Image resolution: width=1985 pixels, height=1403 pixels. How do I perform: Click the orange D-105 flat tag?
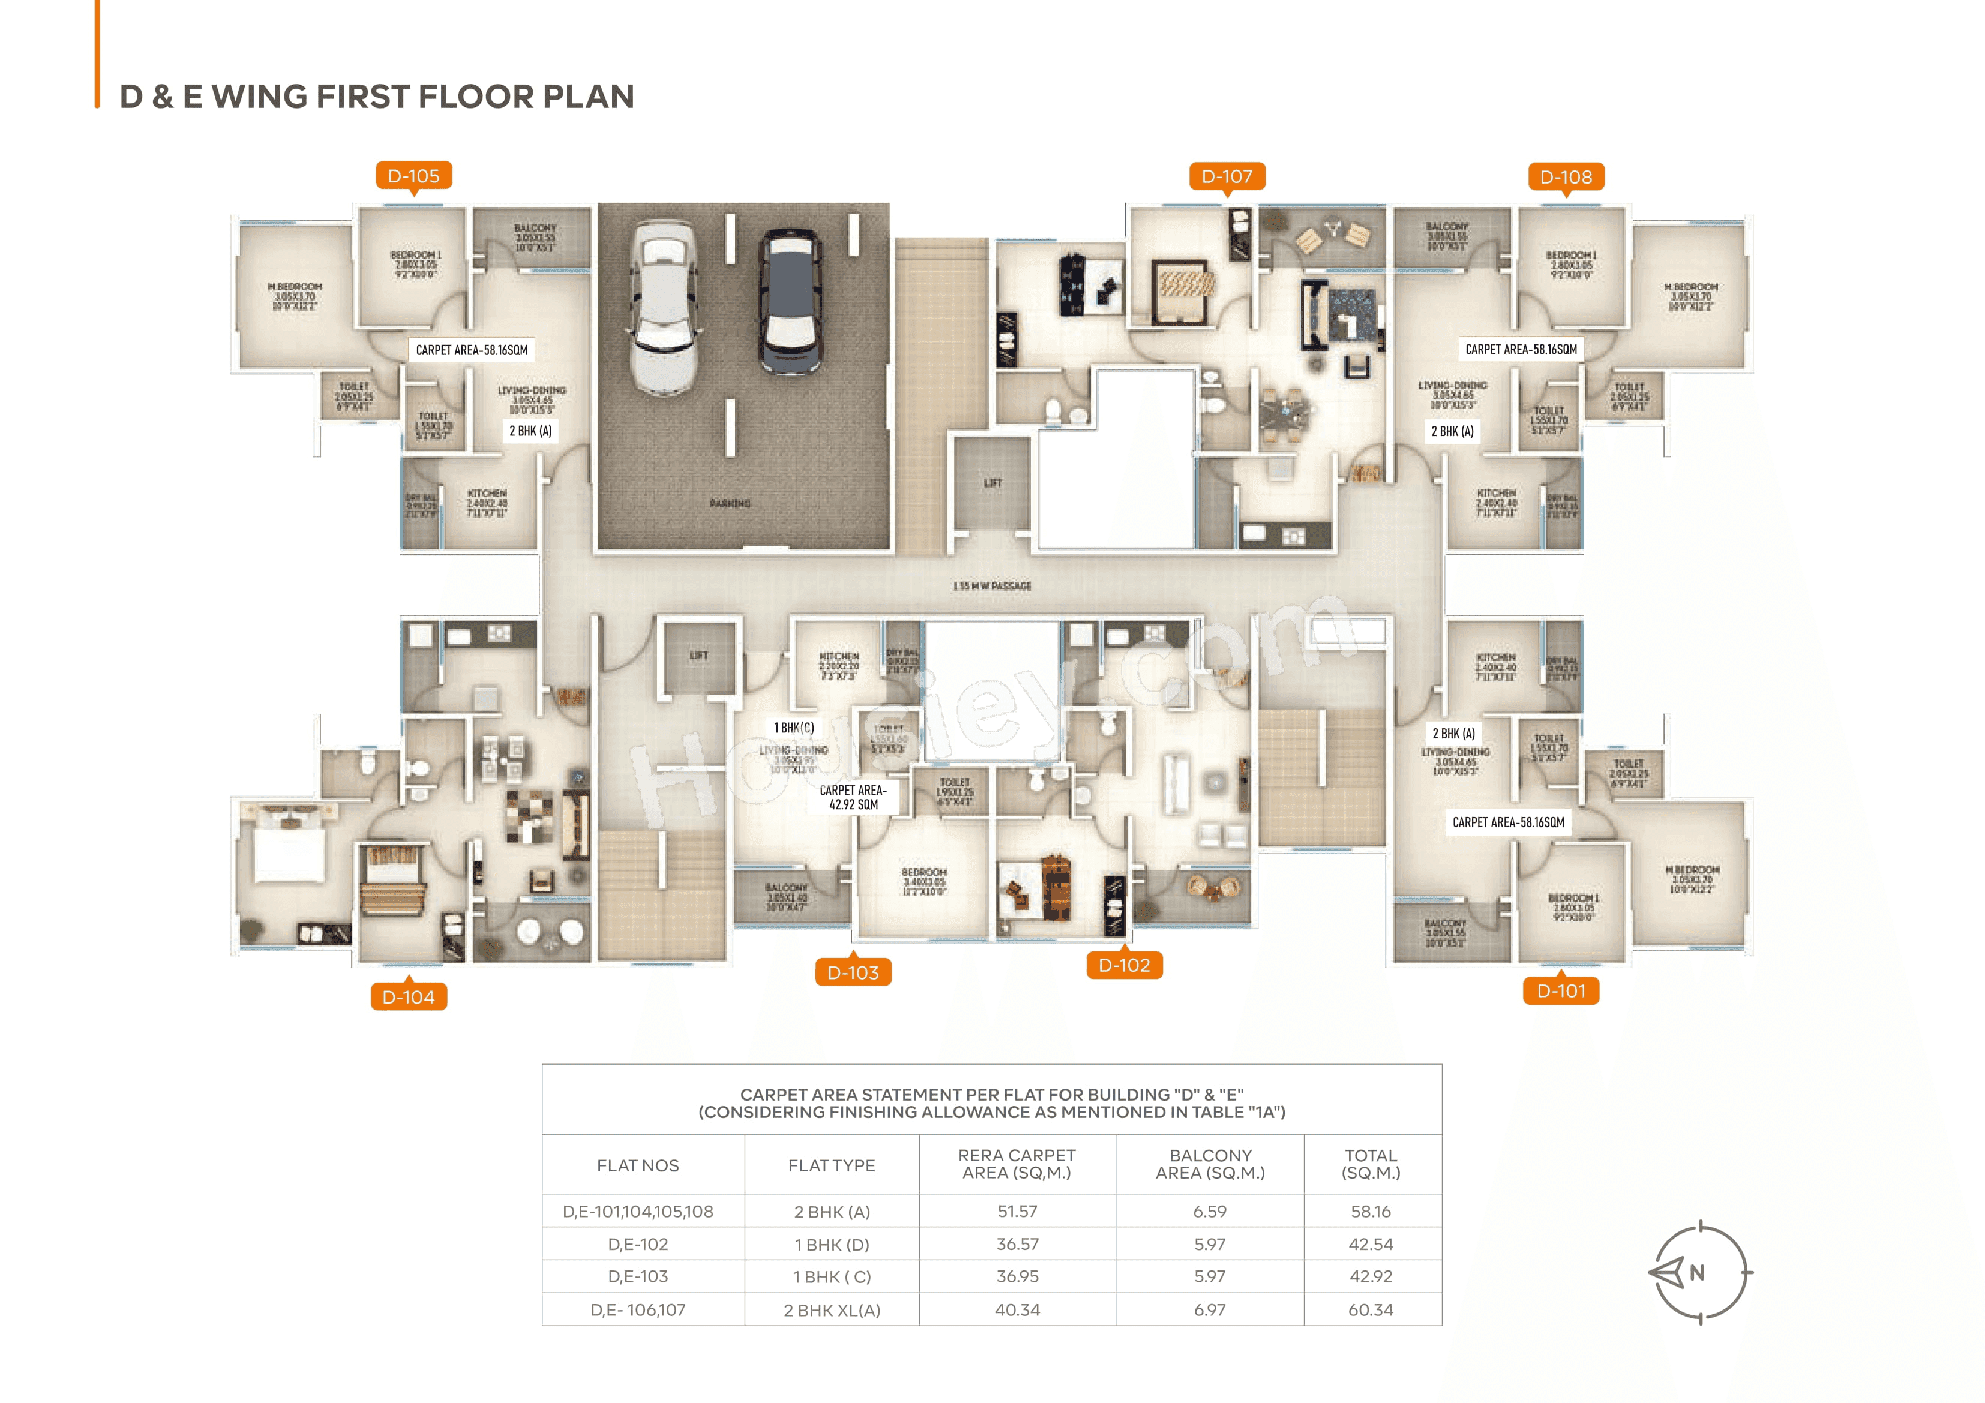tap(413, 176)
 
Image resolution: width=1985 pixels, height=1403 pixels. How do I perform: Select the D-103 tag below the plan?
tap(853, 972)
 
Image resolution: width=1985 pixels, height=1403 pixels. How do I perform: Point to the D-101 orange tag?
tap(1561, 991)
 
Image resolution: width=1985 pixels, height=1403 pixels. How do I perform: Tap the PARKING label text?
tap(730, 503)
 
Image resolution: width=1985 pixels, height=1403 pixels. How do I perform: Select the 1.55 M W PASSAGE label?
tap(992, 586)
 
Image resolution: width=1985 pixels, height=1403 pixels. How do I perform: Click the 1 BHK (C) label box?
tap(794, 728)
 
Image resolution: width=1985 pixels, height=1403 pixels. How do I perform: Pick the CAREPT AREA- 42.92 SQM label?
tap(853, 797)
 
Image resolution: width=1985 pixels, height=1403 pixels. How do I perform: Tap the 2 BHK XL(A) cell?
tap(832, 1309)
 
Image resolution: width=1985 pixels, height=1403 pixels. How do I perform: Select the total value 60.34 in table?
tap(1371, 1309)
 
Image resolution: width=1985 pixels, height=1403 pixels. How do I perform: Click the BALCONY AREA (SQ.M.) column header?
tap(1210, 1164)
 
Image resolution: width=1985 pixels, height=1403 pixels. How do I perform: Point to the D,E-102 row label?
tap(638, 1244)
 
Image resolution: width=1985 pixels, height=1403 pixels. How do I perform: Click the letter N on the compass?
tap(1697, 1272)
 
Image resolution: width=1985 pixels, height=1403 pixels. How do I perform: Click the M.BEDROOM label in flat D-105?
tap(295, 287)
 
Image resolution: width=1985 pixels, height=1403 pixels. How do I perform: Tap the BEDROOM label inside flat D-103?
tap(923, 872)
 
